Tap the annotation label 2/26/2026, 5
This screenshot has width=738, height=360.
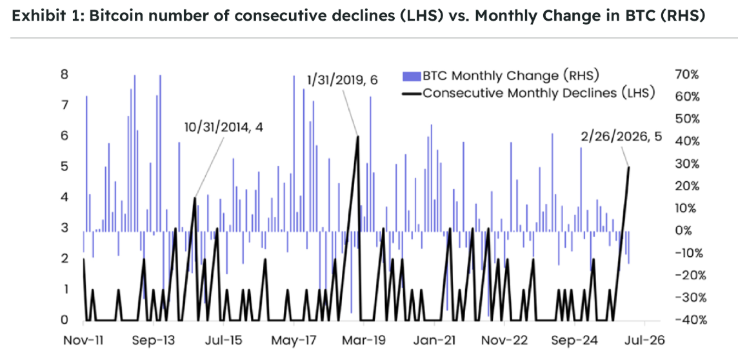[x=621, y=137]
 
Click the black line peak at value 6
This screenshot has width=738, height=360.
[x=357, y=137]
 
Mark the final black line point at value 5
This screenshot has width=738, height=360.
[x=628, y=168]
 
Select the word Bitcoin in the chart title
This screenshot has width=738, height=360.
[x=112, y=17]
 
